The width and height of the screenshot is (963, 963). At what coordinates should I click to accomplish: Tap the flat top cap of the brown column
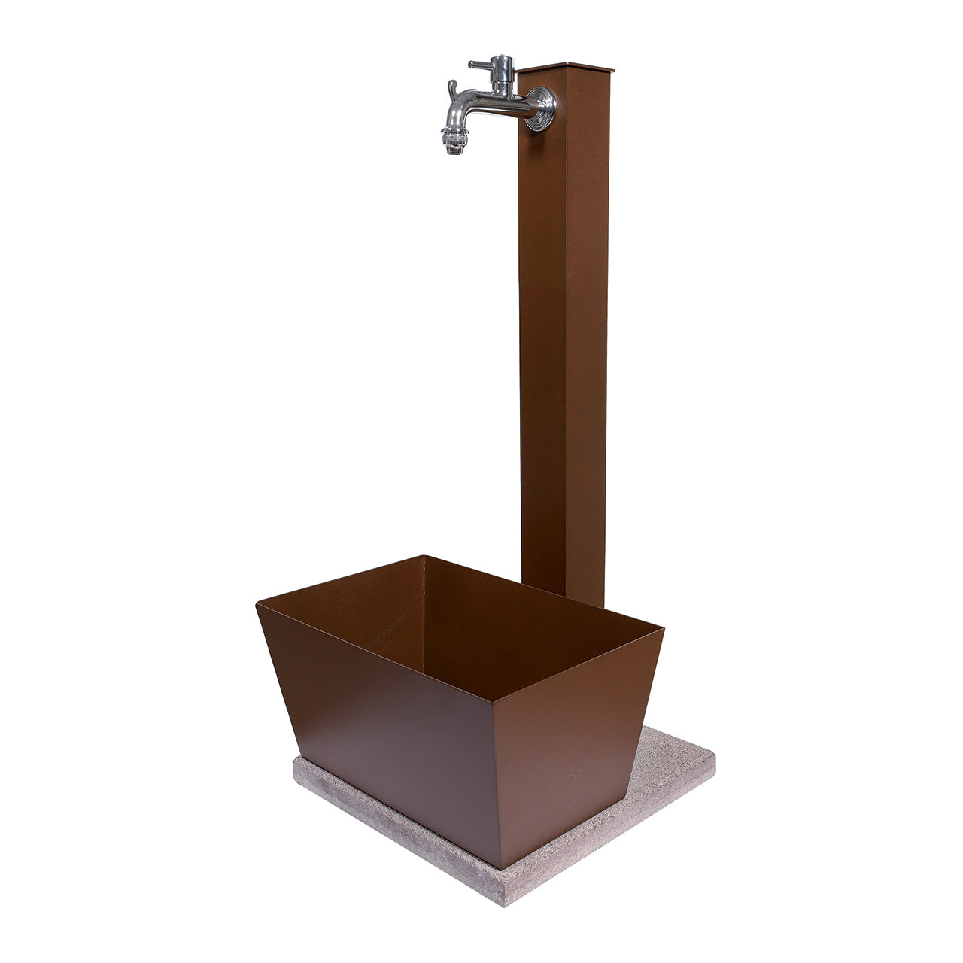(x=565, y=68)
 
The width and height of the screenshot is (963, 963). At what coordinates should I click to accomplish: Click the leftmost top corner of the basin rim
(x=257, y=603)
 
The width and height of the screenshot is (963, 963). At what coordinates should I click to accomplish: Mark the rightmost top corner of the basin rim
(x=663, y=628)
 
